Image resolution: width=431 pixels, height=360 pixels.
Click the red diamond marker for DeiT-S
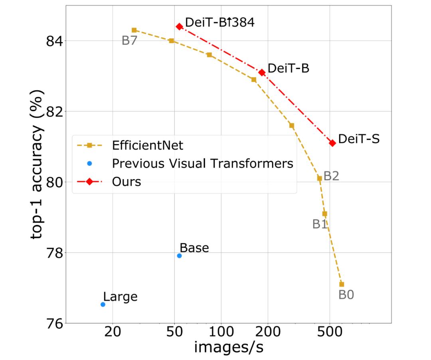(332, 143)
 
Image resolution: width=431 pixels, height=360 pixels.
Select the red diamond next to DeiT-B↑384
(179, 26)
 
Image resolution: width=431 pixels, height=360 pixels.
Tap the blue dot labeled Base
(179, 255)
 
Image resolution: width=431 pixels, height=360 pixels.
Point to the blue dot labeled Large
(103, 304)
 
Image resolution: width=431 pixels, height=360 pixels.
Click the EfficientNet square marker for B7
(134, 30)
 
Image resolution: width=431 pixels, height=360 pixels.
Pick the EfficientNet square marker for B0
(342, 284)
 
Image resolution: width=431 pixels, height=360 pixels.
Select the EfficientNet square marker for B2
(319, 178)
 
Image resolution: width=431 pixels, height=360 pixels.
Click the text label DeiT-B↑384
(219, 22)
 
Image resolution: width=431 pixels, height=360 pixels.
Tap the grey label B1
(320, 224)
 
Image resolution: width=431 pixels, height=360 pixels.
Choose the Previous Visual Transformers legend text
(203, 163)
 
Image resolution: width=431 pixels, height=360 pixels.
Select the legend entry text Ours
(127, 182)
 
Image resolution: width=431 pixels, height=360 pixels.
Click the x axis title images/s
(228, 347)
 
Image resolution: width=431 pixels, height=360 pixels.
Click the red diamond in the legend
(90, 182)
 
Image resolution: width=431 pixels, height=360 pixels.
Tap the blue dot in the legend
(90, 163)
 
